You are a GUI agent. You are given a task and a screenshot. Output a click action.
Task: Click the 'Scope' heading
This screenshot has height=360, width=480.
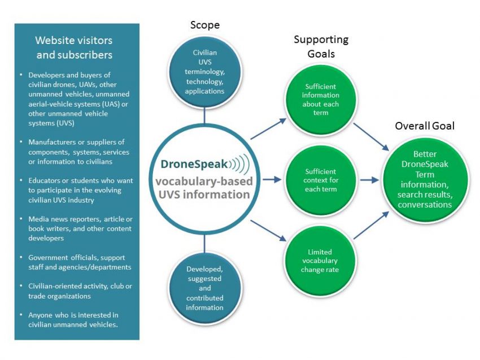[205, 25]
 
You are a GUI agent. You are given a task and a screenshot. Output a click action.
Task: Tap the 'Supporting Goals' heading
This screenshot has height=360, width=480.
[321, 46]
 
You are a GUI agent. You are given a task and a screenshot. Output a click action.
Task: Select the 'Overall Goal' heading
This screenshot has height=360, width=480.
[425, 126]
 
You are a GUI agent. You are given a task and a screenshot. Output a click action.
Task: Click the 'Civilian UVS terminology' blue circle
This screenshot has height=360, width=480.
[205, 72]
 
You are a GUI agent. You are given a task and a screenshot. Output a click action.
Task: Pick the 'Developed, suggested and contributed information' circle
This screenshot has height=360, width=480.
[205, 288]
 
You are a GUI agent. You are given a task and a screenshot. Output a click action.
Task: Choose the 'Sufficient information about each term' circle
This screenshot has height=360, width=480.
[321, 100]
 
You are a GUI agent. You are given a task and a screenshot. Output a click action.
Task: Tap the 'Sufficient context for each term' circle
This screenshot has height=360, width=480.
[321, 180]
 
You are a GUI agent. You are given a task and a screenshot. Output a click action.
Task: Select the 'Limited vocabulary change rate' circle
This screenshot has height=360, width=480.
[321, 261]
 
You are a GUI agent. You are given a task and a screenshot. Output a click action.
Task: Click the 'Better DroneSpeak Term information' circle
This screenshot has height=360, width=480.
[425, 179]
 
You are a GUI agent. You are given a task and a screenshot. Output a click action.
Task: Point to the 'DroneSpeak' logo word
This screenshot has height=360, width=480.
[194, 164]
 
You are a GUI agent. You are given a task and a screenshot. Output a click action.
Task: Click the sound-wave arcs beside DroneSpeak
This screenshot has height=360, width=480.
[239, 164]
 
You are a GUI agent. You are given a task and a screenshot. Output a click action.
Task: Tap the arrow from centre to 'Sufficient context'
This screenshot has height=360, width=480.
[272, 179]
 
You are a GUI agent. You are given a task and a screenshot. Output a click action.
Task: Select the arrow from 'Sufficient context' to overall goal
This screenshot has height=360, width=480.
[369, 180]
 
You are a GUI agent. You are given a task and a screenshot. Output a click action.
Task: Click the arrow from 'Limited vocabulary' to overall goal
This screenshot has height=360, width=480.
[372, 225]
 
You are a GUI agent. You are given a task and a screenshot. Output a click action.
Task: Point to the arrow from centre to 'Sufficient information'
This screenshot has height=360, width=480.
[268, 129]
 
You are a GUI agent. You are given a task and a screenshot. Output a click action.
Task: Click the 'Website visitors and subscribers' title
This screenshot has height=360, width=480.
[74, 47]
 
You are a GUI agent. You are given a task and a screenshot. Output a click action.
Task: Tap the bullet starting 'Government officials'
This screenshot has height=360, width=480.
[80, 262]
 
